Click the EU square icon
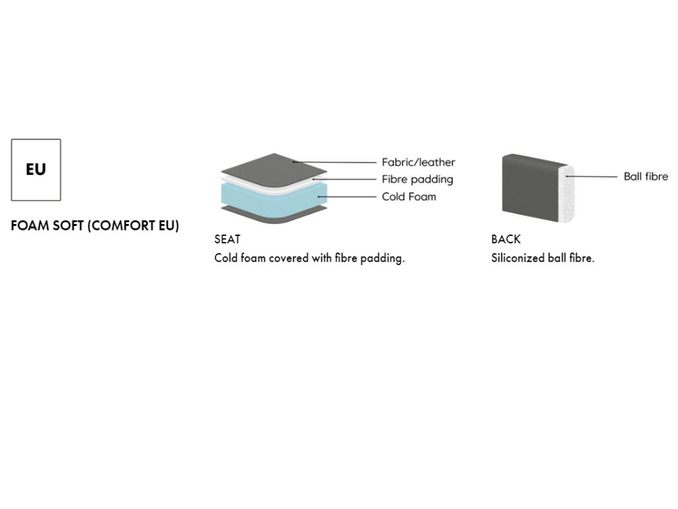click(36, 170)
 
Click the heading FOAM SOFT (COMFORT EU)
click(95, 225)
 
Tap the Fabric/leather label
click(418, 162)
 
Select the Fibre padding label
click(417, 179)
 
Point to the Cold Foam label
click(409, 196)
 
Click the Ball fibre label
click(646, 176)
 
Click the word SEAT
click(228, 239)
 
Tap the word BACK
click(506, 239)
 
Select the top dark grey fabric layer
click(273, 169)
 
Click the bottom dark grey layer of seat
click(273, 215)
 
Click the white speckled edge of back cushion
click(567, 194)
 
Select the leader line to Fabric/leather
click(334, 162)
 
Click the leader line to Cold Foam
click(347, 196)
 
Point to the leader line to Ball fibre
click(591, 176)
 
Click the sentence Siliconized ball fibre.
click(543, 258)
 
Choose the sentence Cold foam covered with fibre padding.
click(310, 258)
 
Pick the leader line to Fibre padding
click(344, 179)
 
